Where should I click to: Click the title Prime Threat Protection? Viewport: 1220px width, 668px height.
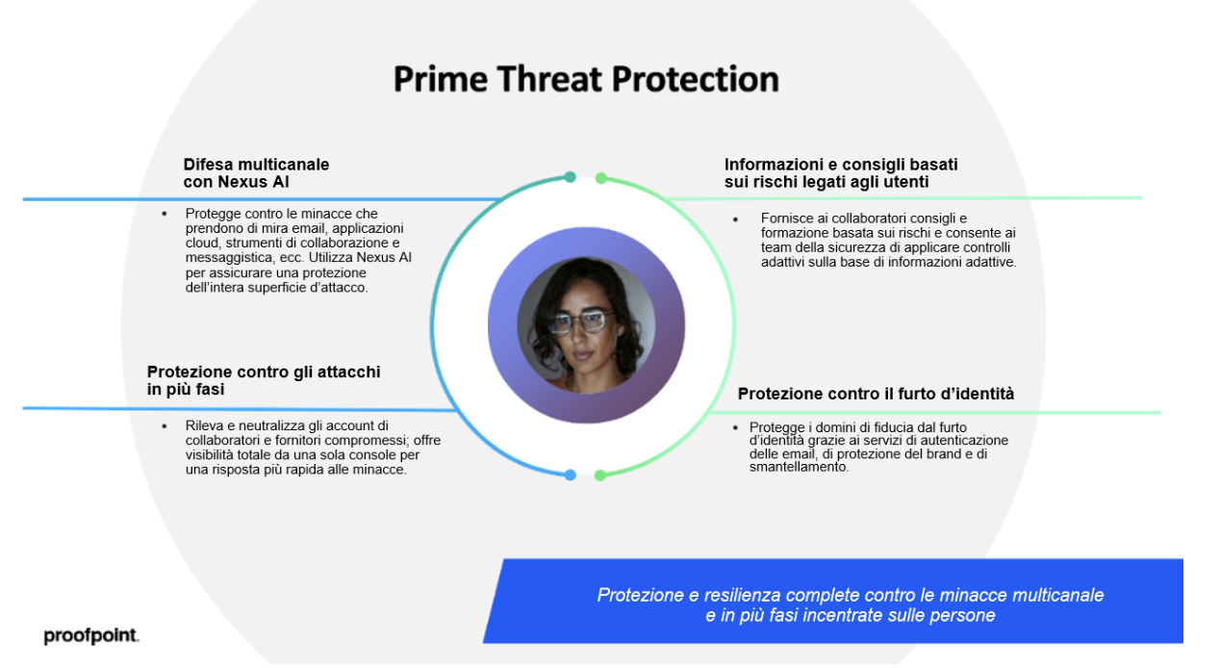click(586, 80)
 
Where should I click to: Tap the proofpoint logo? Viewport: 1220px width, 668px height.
click(91, 636)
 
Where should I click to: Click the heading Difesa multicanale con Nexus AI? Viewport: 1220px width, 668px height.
click(256, 173)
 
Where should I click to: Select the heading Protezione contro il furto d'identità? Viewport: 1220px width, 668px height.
click(876, 394)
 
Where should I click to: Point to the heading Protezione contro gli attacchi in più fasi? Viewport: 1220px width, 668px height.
click(264, 380)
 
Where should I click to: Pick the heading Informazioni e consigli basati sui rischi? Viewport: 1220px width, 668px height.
click(841, 173)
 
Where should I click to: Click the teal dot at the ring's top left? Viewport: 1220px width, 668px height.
click(570, 177)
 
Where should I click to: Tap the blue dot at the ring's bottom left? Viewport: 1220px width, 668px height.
click(570, 475)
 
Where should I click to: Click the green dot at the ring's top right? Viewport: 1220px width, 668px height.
click(600, 178)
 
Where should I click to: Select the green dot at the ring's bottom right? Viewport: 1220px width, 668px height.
click(599, 475)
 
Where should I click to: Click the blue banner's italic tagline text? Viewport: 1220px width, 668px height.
click(851, 604)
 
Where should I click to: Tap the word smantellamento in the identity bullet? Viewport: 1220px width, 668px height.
click(799, 468)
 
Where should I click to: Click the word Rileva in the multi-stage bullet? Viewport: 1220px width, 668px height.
click(203, 425)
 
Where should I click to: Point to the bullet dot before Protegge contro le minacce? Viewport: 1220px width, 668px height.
click(164, 214)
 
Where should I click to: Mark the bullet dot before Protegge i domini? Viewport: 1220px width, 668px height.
click(735, 428)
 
